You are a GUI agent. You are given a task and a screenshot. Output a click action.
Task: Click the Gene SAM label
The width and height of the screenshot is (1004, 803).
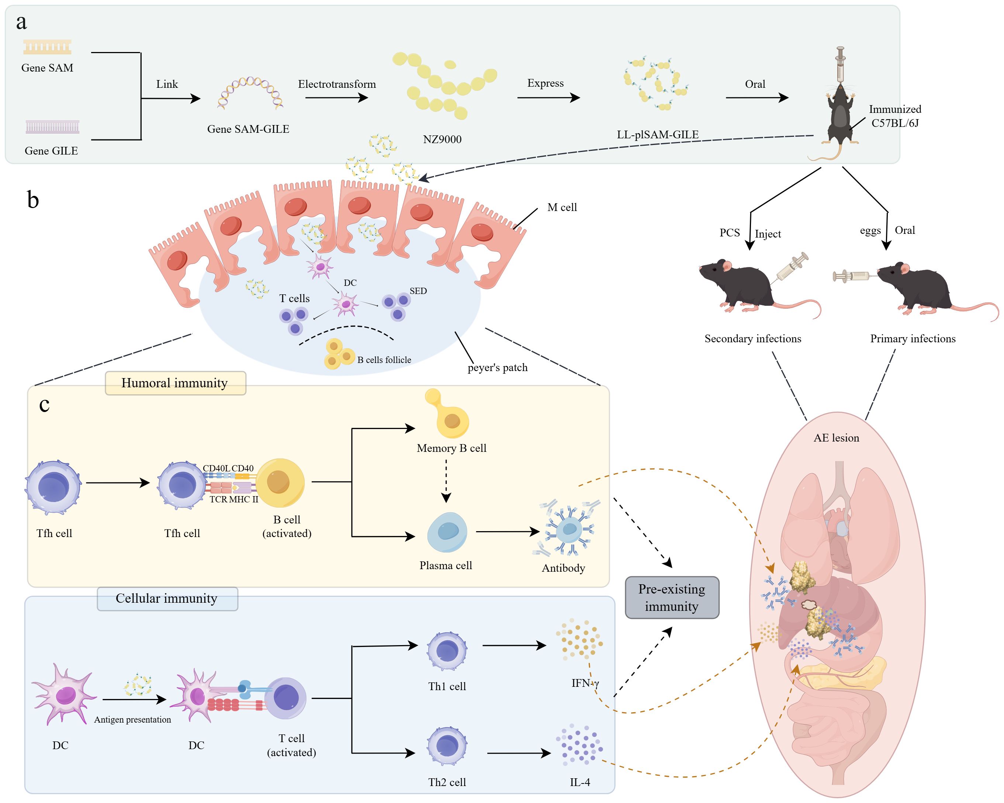click(47, 68)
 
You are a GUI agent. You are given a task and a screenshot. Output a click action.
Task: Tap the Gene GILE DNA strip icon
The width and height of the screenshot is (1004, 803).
click(52, 127)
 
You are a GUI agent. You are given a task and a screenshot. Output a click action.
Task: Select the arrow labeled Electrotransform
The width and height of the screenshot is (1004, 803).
click(336, 98)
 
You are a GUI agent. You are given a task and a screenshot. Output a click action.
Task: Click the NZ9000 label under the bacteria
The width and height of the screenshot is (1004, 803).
click(442, 139)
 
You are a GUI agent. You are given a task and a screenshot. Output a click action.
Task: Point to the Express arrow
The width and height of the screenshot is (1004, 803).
click(548, 98)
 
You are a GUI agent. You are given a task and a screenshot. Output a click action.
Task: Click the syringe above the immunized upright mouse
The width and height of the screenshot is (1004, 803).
click(840, 65)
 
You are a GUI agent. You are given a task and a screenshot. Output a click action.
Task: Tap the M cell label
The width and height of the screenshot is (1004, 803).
click(562, 207)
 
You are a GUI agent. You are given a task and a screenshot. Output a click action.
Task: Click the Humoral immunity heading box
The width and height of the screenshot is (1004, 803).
click(175, 383)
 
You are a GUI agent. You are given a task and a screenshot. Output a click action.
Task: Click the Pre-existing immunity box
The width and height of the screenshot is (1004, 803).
click(672, 598)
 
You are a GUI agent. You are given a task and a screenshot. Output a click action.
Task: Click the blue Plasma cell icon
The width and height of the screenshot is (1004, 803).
click(447, 532)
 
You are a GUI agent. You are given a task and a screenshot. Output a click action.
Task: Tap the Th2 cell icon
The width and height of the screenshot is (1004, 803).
click(447, 746)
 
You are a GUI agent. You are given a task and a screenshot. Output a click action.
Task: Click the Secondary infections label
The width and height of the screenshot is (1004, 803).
click(752, 339)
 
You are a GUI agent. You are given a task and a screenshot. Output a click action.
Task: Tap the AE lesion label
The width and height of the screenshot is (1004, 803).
click(836, 438)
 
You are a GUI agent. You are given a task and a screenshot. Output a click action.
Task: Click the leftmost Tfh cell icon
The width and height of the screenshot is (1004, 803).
click(53, 487)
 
